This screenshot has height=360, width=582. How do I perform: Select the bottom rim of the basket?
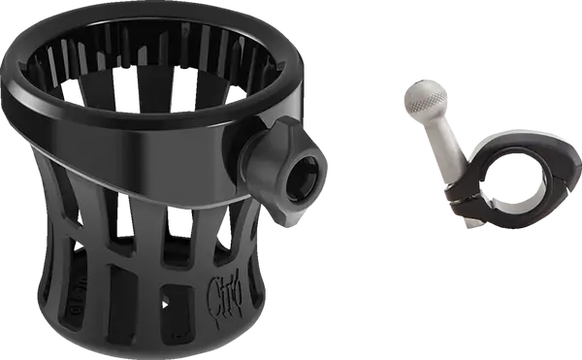(145, 344)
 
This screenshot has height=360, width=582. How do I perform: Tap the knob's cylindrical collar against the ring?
(254, 160)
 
